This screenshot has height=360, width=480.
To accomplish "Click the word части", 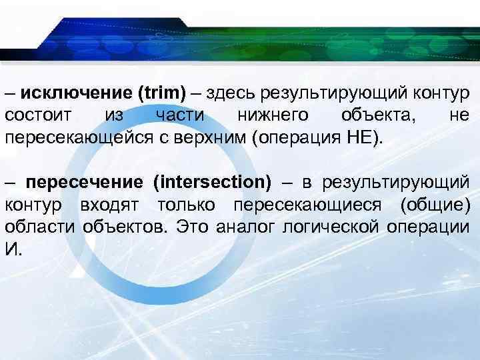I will (x=179, y=115).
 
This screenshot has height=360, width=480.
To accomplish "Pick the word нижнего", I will (x=273, y=115).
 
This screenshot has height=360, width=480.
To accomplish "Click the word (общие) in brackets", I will (x=436, y=204).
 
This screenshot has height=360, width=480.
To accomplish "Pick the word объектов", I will (x=125, y=227).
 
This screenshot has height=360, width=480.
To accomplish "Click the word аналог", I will (x=243, y=227).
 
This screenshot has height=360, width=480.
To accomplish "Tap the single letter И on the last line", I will (x=11, y=250).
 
